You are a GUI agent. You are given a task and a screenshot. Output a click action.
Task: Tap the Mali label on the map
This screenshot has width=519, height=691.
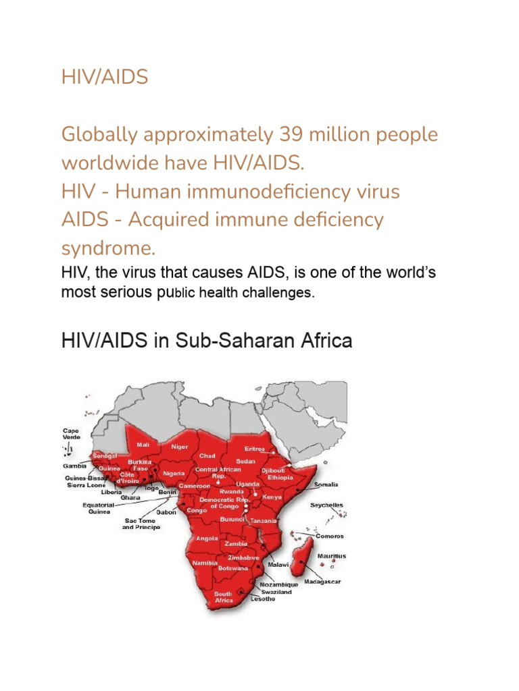pos(143,445)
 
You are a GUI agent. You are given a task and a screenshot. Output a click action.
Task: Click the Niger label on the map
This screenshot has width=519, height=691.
pos(179,447)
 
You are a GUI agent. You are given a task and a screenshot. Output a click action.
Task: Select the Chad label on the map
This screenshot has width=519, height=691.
pos(207,456)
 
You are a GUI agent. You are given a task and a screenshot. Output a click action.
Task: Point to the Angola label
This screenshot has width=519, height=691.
pos(207,538)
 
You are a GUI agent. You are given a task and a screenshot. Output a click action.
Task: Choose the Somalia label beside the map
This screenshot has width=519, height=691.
pos(326,485)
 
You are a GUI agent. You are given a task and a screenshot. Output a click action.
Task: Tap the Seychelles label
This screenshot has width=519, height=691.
pos(326,505)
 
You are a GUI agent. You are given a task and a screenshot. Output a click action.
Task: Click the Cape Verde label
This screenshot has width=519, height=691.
pos(71,434)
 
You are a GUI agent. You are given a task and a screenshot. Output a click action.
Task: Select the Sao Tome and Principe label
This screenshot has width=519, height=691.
pos(141,524)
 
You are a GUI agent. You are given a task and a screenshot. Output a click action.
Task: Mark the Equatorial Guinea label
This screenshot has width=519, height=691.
pos(97,507)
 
